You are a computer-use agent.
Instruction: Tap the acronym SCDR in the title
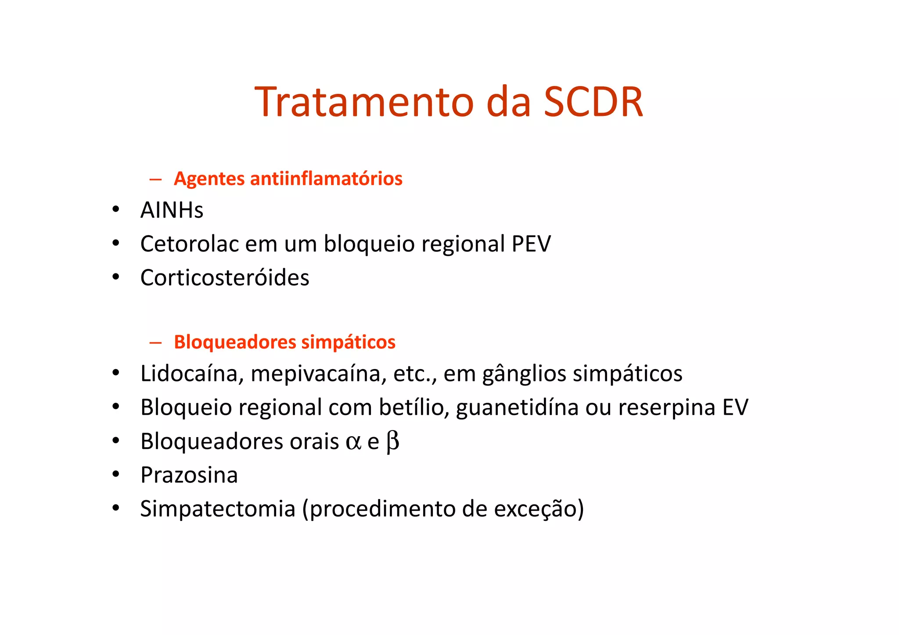point(593,102)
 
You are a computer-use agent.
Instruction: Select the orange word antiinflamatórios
point(326,179)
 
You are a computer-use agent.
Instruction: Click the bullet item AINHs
point(172,210)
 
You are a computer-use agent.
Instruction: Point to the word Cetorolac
point(190,244)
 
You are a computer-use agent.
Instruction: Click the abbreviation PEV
point(531,244)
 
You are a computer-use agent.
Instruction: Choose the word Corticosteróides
point(225,278)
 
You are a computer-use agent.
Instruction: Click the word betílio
point(414,407)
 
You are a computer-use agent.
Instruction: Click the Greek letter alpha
point(353,442)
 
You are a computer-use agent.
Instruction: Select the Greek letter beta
point(392,442)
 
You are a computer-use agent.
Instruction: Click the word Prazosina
point(189,475)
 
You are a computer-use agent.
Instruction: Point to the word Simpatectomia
point(218,509)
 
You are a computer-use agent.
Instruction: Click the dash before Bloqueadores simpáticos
point(155,342)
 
